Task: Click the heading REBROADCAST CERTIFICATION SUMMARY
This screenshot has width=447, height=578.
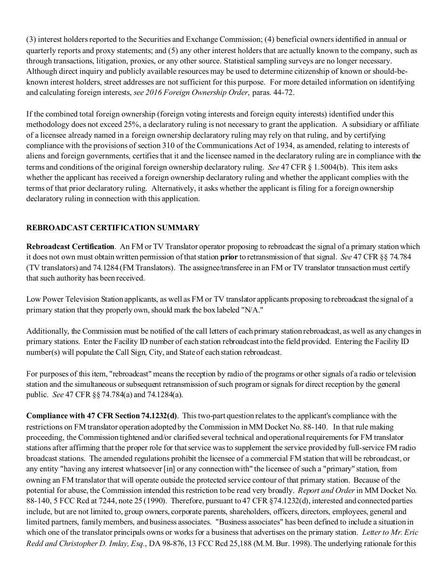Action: (x=113, y=228)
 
